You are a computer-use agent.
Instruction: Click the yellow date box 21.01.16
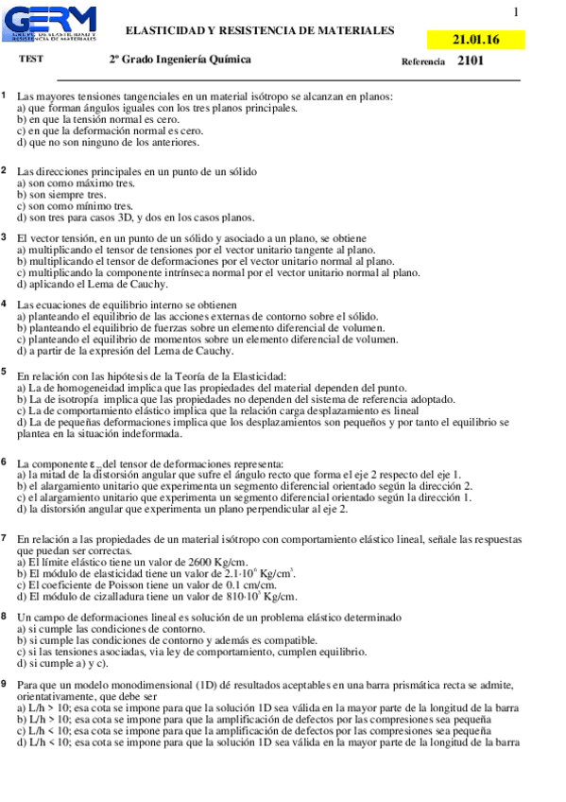[476, 40]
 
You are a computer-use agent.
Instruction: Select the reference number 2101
[471, 61]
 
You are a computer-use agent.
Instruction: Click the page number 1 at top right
[516, 12]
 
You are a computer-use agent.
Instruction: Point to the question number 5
[5, 373]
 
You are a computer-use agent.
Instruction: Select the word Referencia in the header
[423, 61]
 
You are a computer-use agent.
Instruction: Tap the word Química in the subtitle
[230, 60]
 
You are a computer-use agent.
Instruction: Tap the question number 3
[5, 237]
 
